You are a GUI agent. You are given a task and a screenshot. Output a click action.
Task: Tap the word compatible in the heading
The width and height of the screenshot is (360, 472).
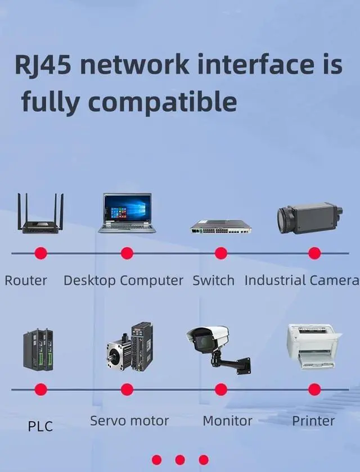coord(163,102)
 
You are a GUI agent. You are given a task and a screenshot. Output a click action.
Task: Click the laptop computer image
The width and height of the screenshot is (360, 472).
coord(127,213)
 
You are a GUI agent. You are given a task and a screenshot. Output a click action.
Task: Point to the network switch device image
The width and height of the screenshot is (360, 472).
coord(220,226)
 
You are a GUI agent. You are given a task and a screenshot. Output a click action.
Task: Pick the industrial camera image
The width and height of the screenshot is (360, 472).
coord(309,218)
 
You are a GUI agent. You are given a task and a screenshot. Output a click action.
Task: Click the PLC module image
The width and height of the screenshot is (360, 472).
coord(38,350)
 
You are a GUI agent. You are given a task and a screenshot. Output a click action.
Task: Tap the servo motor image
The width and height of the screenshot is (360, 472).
coord(130,347)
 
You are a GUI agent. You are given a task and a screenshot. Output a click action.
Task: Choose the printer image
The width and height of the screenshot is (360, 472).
coord(313,346)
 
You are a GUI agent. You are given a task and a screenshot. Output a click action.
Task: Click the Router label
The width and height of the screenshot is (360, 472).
coord(26,280)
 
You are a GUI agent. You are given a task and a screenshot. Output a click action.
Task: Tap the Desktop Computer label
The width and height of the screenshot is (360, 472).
coord(123,280)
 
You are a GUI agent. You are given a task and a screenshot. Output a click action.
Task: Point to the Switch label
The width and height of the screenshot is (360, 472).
coord(214,280)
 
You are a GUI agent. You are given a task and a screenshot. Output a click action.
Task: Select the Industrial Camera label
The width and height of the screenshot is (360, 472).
coord(301,280)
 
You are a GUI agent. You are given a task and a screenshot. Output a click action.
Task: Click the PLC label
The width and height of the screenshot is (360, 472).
coord(40,426)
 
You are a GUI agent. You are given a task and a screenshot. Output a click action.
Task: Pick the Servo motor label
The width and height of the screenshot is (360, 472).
coord(129,420)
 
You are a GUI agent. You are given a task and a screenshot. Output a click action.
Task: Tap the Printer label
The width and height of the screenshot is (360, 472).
coord(313,420)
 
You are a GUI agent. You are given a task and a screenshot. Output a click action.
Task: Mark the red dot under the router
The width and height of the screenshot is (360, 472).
coord(41,253)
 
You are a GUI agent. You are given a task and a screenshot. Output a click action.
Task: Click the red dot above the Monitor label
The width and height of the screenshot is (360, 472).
coord(221,389)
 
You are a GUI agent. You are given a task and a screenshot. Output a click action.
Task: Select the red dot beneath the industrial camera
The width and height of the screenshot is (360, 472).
coord(314,253)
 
